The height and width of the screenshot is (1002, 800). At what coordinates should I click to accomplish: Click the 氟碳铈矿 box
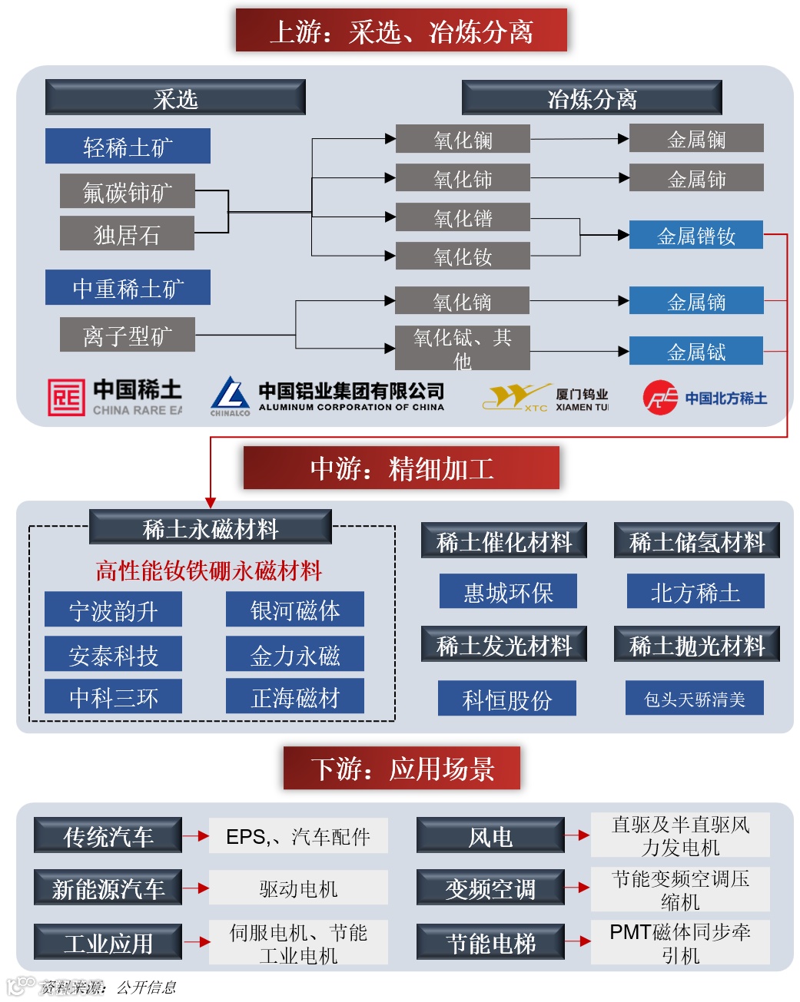[127, 191]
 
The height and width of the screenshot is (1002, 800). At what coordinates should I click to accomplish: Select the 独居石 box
[127, 233]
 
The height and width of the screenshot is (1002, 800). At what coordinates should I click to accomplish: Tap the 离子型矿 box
[127, 336]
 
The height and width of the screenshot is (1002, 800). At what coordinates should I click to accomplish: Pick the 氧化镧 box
[463, 139]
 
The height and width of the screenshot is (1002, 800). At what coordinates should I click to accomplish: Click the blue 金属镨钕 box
[695, 235]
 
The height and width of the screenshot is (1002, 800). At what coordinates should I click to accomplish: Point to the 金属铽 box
[695, 351]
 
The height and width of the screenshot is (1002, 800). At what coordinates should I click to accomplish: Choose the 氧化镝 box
[462, 301]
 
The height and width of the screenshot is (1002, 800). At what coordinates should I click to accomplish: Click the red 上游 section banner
[401, 31]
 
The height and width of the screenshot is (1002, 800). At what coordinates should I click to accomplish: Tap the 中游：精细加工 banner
[401, 468]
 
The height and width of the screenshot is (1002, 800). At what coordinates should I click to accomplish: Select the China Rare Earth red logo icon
[66, 397]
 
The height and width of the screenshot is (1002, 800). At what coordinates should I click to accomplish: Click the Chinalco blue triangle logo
[230, 394]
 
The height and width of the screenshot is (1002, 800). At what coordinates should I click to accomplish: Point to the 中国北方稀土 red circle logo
[660, 398]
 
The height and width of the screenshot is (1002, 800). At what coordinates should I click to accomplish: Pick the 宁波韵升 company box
[113, 610]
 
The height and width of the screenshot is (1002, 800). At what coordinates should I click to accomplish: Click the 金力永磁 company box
[295, 655]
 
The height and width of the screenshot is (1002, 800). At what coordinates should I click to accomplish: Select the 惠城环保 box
[508, 592]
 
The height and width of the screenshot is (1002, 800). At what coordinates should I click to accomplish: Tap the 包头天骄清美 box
[694, 699]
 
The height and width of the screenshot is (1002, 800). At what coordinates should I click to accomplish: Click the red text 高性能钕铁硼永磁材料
[208, 570]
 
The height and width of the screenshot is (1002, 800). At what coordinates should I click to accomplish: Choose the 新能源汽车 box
[108, 888]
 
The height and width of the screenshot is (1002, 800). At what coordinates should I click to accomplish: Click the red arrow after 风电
[577, 835]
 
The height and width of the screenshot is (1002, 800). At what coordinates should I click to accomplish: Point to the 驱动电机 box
[298, 888]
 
